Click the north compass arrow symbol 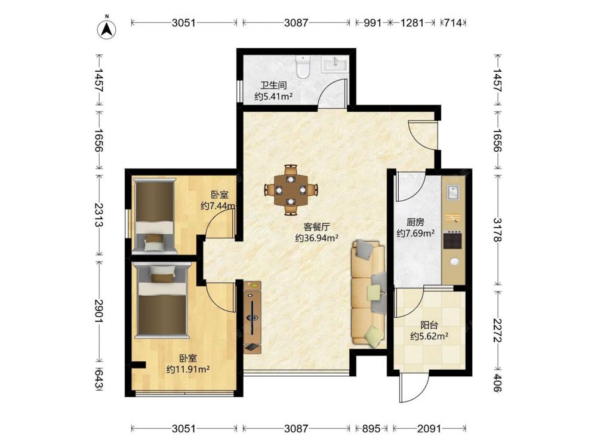107,29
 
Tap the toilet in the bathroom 303,67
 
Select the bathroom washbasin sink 334,64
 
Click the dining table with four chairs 291,189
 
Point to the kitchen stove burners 453,240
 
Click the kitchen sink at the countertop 453,192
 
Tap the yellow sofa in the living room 368,293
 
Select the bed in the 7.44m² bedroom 154,216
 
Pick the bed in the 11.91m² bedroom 162,301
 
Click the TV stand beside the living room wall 253,317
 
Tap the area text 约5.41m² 273,96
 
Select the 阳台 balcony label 429,325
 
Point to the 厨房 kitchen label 416,222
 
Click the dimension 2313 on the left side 99,215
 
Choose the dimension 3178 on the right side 498,230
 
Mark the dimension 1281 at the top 413,23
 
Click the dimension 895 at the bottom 371,429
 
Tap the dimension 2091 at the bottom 429,429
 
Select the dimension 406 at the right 498,382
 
